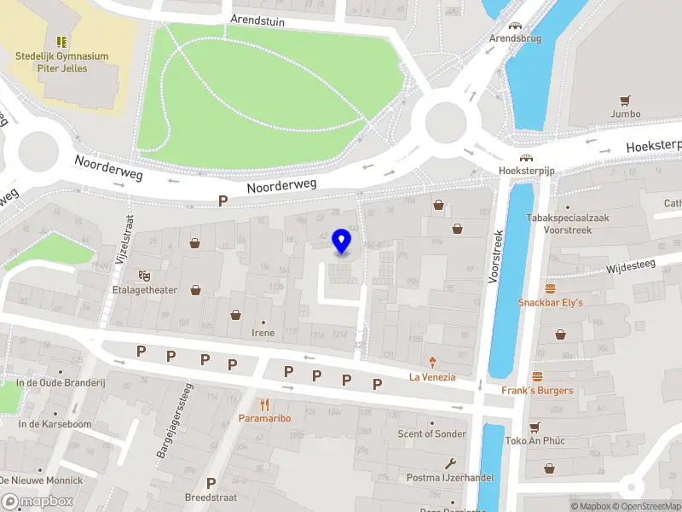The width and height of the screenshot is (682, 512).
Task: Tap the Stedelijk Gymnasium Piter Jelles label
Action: pyautogui.click(x=62, y=62)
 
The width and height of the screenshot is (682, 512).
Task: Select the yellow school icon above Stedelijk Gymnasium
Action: pyautogui.click(x=61, y=41)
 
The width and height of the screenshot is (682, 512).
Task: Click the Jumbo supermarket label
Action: pyautogui.click(x=625, y=113)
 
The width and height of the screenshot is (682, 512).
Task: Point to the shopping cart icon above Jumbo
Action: pyautogui.click(x=625, y=99)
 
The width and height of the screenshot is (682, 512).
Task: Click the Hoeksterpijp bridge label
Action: pyautogui.click(x=526, y=171)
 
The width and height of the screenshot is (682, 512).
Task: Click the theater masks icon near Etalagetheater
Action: pyautogui.click(x=142, y=275)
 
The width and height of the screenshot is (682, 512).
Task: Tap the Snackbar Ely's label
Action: pyautogui.click(x=551, y=302)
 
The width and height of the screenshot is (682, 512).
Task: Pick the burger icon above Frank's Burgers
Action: pyautogui.click(x=537, y=376)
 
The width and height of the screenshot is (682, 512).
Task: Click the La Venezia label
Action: pyautogui.click(x=432, y=376)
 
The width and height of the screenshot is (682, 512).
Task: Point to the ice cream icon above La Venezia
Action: pyautogui.click(x=432, y=362)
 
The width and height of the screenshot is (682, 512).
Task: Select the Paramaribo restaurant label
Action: pyautogui.click(x=264, y=419)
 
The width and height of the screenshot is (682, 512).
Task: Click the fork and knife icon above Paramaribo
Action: pyautogui.click(x=264, y=404)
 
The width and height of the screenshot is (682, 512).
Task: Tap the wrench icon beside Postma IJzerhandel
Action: pyautogui.click(x=451, y=463)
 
